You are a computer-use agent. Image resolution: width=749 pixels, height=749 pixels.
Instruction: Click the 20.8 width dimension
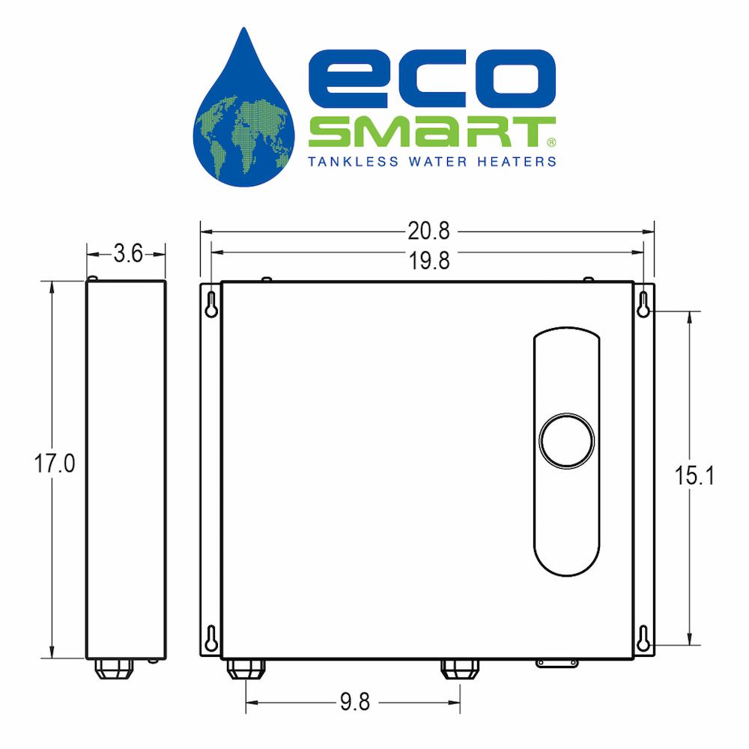pyautogui.click(x=428, y=231)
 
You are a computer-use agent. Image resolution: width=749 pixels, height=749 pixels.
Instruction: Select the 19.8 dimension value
pyautogui.click(x=429, y=261)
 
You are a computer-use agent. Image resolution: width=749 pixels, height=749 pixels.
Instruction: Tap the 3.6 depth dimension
pyautogui.click(x=128, y=253)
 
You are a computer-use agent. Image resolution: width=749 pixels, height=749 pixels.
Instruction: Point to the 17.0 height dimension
pyautogui.click(x=55, y=464)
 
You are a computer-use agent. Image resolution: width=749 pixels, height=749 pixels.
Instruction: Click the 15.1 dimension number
pyautogui.click(x=694, y=476)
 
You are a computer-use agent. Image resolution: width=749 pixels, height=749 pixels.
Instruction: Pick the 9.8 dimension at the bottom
pyautogui.click(x=355, y=702)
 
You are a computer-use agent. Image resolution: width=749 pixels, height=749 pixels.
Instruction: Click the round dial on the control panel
pyautogui.click(x=566, y=440)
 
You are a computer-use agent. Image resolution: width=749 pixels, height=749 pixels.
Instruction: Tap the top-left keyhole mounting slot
pyautogui.click(x=211, y=304)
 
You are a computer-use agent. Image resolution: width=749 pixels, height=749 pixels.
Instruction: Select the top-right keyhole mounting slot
pyautogui.click(x=643, y=304)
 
